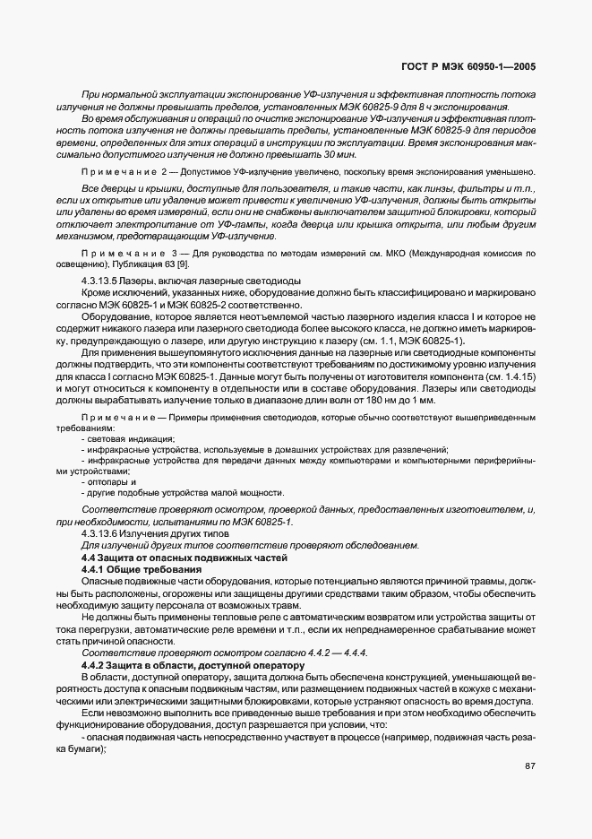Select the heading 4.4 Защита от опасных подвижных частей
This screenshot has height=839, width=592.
[x=184, y=558]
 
